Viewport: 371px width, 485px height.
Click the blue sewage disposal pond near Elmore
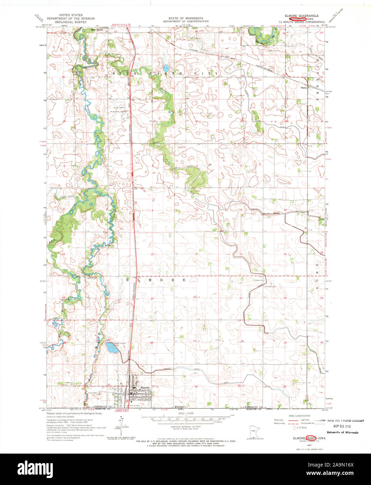point(111,347)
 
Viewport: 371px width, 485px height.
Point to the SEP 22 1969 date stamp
point(338,426)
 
